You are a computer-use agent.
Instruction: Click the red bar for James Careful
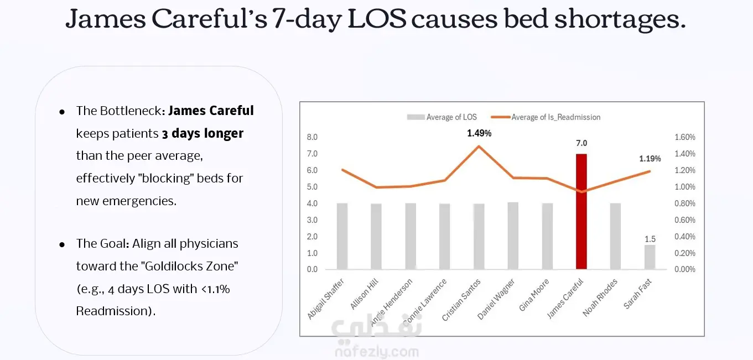click(x=581, y=212)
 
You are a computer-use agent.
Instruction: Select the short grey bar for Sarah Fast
click(x=650, y=257)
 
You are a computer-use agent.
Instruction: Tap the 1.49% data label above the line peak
click(x=479, y=133)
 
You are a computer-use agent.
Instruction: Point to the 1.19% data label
click(x=650, y=159)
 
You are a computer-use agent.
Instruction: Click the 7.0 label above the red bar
click(x=581, y=143)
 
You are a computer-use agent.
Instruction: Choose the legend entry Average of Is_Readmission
click(x=555, y=117)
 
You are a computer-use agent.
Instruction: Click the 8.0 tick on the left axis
click(x=312, y=137)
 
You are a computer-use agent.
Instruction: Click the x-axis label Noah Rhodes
click(x=600, y=297)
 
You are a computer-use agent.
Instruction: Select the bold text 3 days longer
click(x=202, y=134)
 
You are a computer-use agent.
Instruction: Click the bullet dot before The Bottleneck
click(x=63, y=111)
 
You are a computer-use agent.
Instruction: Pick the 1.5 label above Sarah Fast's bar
click(x=650, y=239)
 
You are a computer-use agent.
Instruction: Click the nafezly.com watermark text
click(x=376, y=352)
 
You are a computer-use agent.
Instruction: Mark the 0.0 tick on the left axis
click(x=312, y=270)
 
